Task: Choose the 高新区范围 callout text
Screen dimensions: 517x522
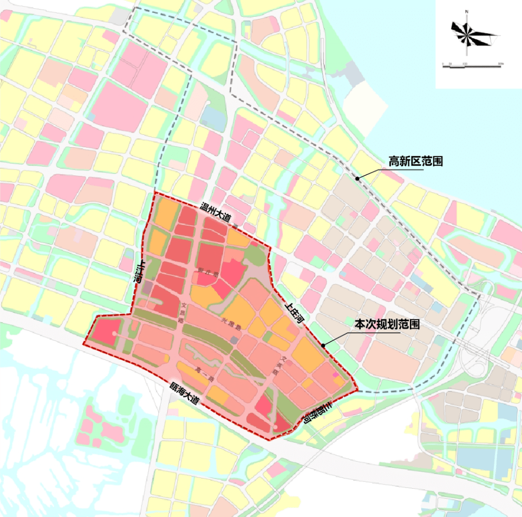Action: [x=415, y=161]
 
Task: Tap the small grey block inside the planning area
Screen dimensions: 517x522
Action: [x=234, y=339]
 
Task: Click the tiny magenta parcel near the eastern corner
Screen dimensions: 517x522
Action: [x=336, y=375]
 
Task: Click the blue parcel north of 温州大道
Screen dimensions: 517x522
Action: [x=210, y=114]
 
